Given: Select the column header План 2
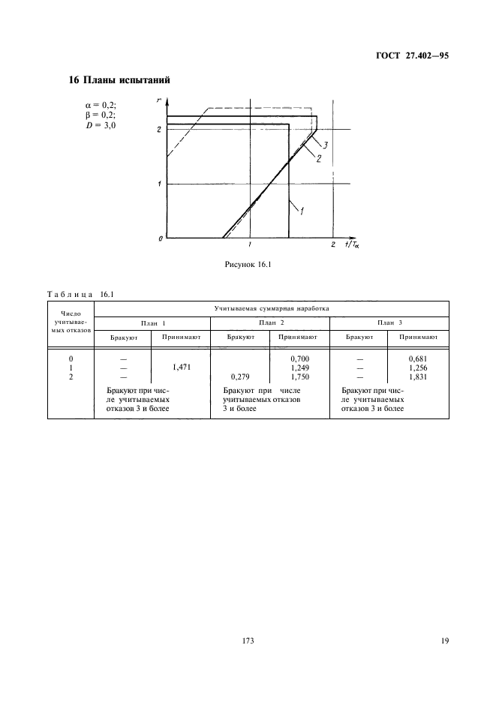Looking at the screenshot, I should pos(269,322).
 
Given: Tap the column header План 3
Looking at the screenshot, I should pos(389,322).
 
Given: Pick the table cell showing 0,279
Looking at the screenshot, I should pos(241,376).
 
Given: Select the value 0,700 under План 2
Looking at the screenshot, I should pos(299,359).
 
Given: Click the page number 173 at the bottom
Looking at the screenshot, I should pos(248,640).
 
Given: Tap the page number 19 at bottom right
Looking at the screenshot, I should pos(444,640).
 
